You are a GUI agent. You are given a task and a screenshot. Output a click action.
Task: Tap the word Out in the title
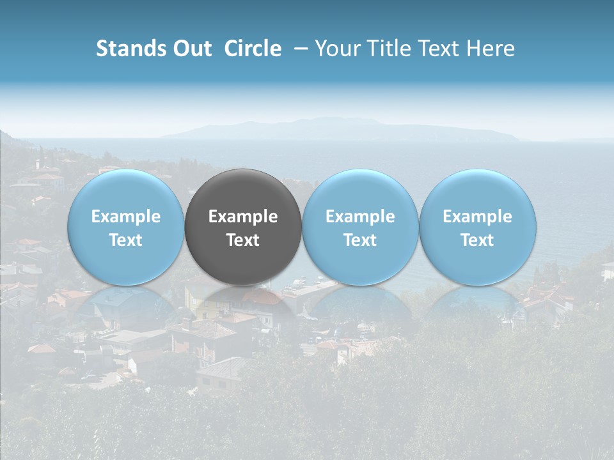pyautogui.click(x=191, y=49)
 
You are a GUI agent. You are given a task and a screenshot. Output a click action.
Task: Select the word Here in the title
pyautogui.click(x=492, y=49)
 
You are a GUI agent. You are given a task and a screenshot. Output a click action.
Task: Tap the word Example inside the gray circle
pyautogui.click(x=243, y=217)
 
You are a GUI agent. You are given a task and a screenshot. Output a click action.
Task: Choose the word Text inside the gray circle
pyautogui.click(x=243, y=240)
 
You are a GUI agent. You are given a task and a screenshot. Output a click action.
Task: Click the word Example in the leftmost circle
pyautogui.click(x=125, y=217)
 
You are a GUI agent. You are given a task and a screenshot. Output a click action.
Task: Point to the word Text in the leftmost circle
pyautogui.click(x=125, y=240)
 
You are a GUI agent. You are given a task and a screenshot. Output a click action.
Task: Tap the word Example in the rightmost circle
pyautogui.click(x=478, y=217)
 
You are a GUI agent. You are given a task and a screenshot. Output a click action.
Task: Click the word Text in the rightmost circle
pyautogui.click(x=478, y=240)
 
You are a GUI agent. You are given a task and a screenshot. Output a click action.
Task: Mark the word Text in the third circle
pyautogui.click(x=360, y=240)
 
